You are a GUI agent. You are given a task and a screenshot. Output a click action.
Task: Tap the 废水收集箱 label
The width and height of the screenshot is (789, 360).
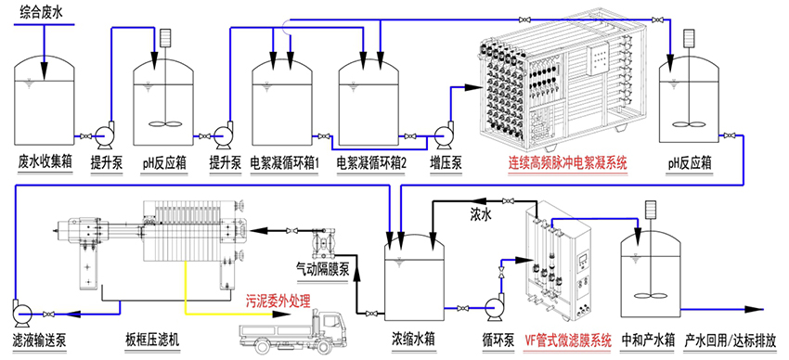coord(45,163)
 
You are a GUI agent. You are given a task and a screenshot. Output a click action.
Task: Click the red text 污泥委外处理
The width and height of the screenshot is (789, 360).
coord(278,302)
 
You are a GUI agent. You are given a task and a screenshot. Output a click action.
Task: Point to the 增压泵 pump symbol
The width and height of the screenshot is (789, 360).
coord(444,135)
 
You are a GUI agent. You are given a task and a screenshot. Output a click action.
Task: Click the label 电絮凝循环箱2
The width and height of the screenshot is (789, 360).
coord(371,163)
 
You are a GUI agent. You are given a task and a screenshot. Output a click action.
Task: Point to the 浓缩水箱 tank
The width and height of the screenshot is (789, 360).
coord(415,278)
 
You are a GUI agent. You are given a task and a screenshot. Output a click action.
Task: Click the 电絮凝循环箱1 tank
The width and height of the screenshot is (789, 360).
coord(281,102)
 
